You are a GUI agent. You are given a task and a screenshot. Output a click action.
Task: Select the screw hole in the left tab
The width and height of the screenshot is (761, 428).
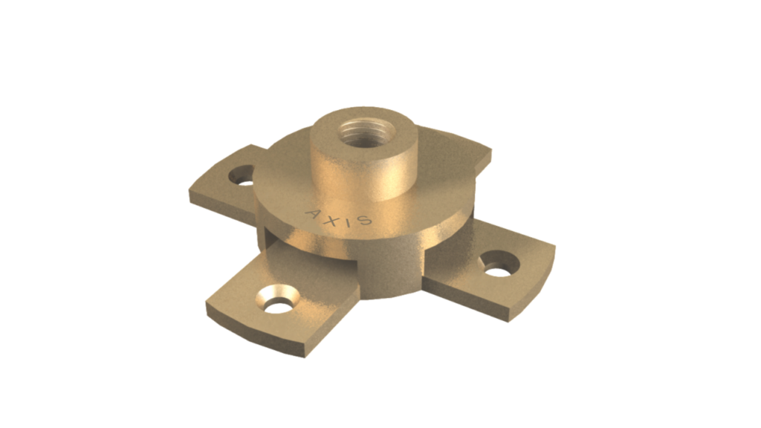pyautogui.click(x=241, y=178)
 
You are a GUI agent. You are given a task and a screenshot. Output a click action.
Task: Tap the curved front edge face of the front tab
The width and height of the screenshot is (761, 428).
pyautogui.click(x=253, y=338)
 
